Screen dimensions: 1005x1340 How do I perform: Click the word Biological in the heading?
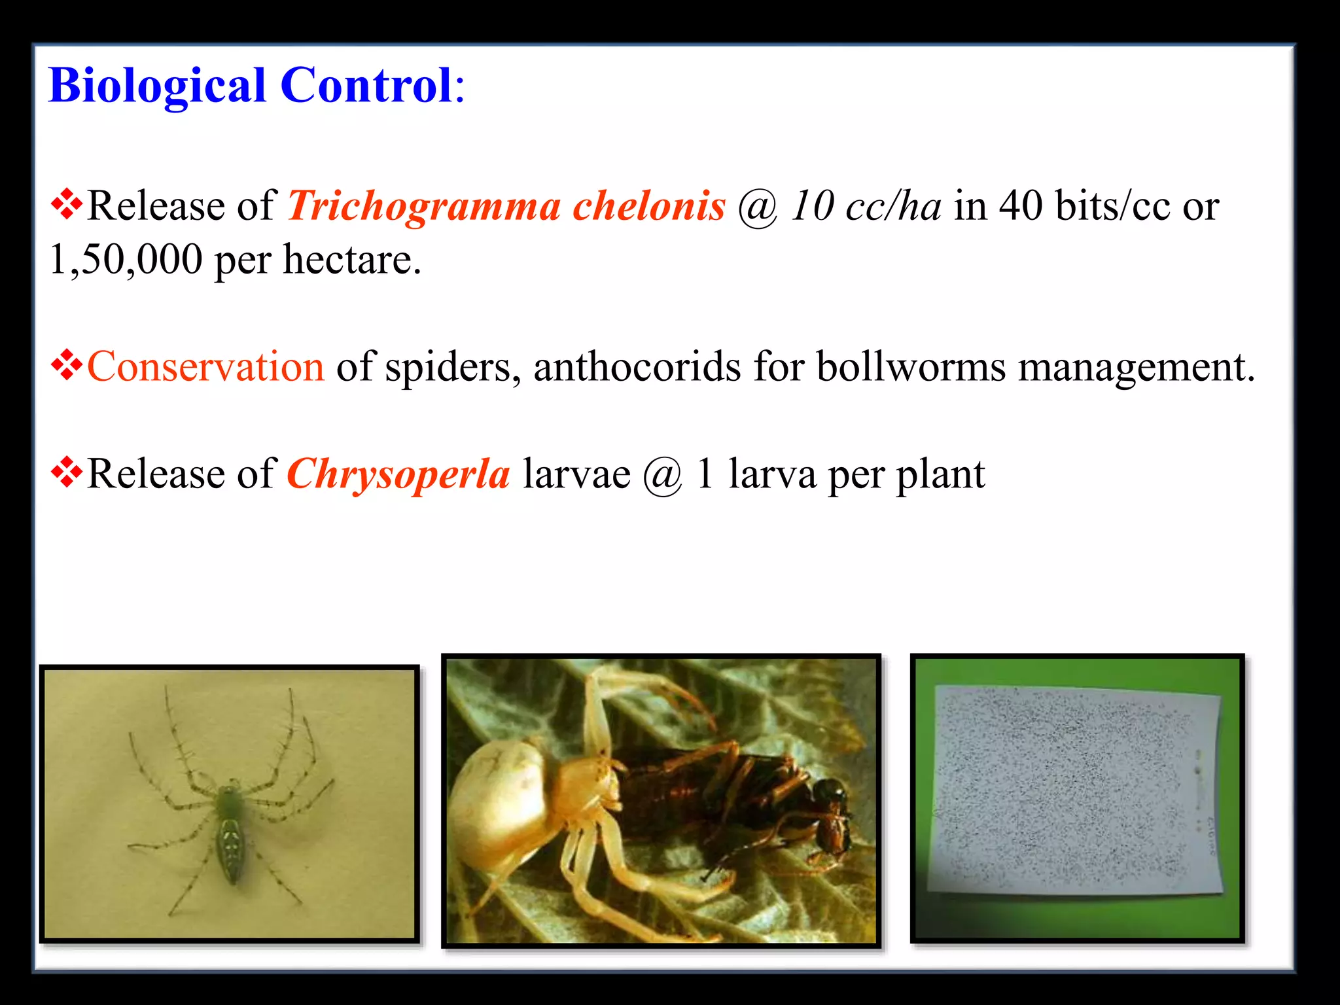tap(157, 86)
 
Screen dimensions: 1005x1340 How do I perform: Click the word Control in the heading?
tap(366, 86)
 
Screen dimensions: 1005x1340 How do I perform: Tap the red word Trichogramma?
tap(424, 207)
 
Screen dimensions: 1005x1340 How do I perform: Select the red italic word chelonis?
tap(649, 207)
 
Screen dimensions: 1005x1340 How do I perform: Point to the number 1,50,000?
tap(126, 259)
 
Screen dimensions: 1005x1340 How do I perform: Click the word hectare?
tap(352, 259)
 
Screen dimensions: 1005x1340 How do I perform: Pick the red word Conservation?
tap(205, 366)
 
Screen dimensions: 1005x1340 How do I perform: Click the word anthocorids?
tap(637, 366)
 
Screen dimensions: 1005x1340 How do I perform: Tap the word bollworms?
tap(911, 366)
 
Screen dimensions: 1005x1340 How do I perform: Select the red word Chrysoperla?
tap(398, 474)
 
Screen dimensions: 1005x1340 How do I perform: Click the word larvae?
tap(576, 474)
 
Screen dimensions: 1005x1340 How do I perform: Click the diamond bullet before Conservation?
tap(67, 365)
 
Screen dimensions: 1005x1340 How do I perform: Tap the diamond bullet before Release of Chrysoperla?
tap(67, 472)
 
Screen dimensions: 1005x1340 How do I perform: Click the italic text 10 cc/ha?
tap(865, 207)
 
